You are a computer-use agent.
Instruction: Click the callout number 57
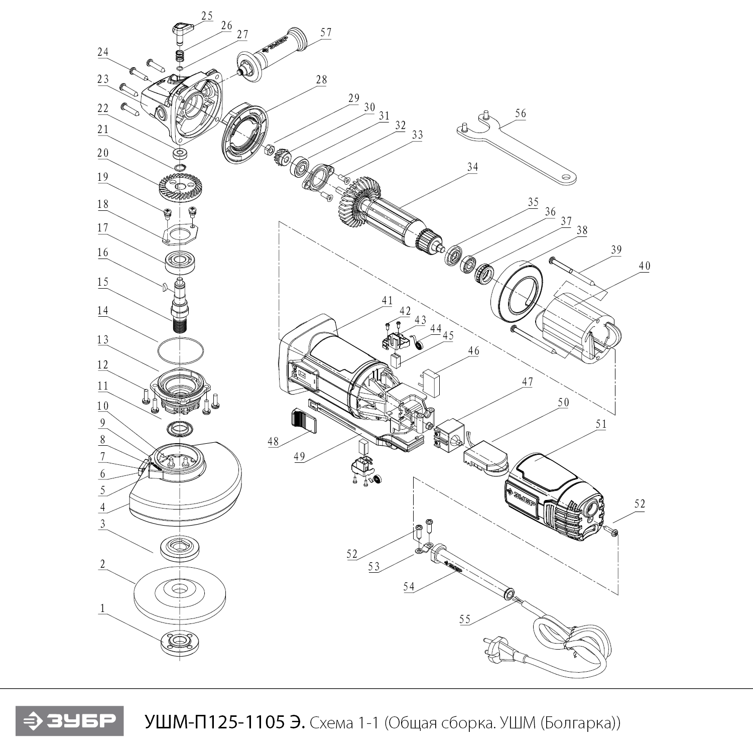click(x=326, y=33)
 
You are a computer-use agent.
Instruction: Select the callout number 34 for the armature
click(x=472, y=167)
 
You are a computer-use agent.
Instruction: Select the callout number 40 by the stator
click(x=644, y=266)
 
